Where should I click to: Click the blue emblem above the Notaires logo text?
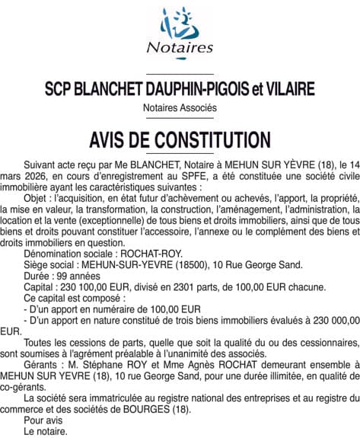pyautogui.click(x=180, y=24)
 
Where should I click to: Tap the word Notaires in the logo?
pyautogui.click(x=180, y=47)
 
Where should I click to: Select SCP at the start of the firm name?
pyautogui.click(x=60, y=89)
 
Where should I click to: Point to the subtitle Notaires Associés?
pyautogui.click(x=180, y=108)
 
